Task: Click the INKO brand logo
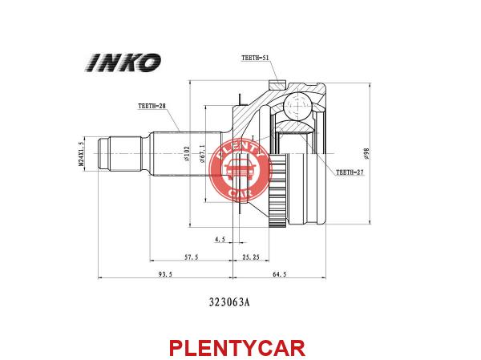pos(123,63)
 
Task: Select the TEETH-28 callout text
pos(152,106)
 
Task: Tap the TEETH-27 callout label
pos(350,172)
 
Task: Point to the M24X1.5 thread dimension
pos(81,153)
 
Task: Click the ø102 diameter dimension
pos(187,154)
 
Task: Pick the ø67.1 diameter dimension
pos(202,153)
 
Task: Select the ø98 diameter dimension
pos(366,153)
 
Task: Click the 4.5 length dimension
pos(220,239)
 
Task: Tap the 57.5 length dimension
pos(191,257)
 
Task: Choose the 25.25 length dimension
pos(251,257)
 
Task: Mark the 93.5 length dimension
pos(165,274)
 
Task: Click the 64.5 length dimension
pos(280,274)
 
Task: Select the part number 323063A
pos(229,302)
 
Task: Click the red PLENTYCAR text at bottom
pos(237,348)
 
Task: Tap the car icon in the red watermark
pos(240,170)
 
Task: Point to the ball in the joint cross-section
pos(297,105)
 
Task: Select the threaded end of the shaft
pos(119,153)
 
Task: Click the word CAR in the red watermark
pos(240,193)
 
